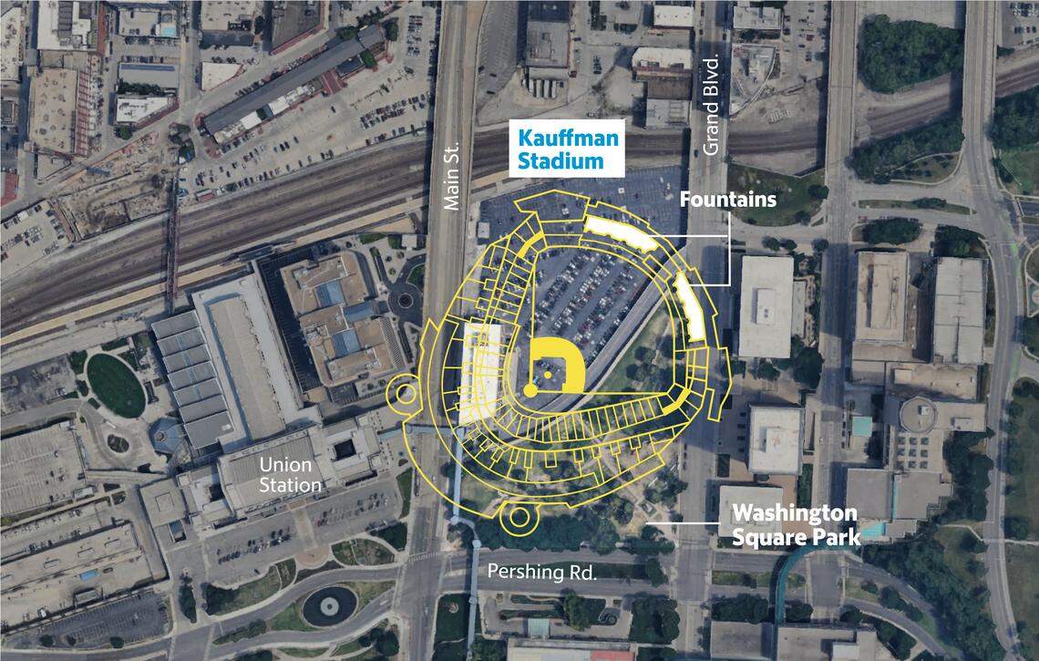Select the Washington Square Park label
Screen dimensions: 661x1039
(796, 524)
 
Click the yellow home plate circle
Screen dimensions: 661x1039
(530, 390)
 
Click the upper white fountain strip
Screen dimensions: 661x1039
(620, 234)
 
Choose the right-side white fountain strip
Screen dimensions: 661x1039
(690, 306)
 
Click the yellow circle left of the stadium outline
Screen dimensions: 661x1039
(402, 395)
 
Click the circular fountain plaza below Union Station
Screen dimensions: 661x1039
(329, 605)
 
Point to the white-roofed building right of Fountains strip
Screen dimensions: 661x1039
(766, 306)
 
